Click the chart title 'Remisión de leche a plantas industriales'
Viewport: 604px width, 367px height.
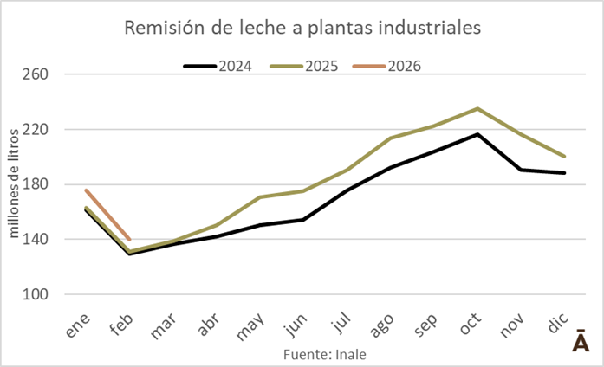[x=302, y=29]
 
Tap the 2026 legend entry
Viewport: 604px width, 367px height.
[x=405, y=65]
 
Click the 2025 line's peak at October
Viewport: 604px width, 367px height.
[x=477, y=108]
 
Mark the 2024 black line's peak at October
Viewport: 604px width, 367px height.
[x=477, y=134]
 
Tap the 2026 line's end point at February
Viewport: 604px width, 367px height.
[x=130, y=240]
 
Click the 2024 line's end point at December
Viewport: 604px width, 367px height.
[x=565, y=173]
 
